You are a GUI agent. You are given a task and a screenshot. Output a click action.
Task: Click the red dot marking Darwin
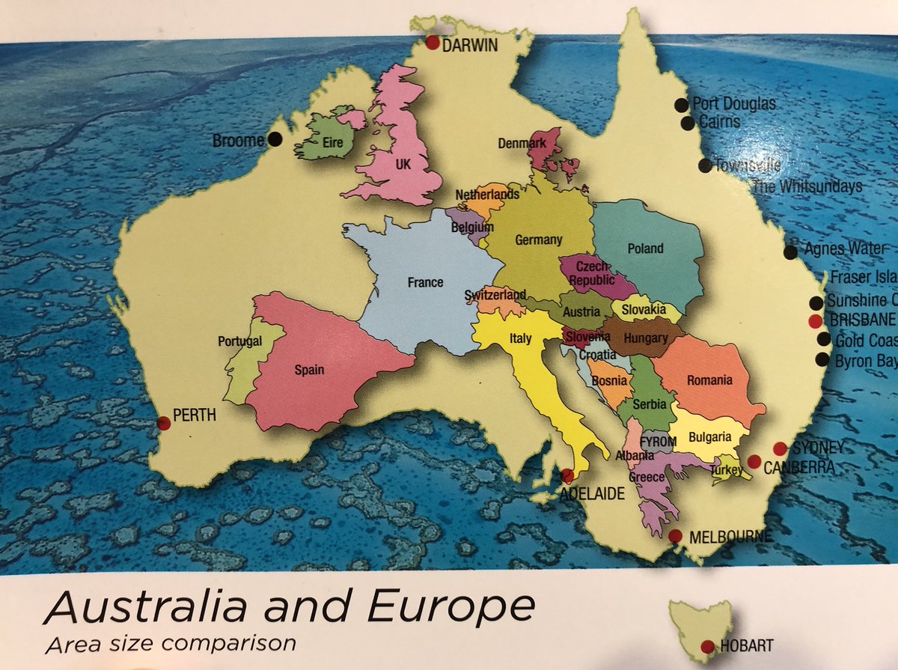click(x=433, y=43)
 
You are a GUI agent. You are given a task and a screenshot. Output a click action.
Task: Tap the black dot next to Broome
click(x=275, y=138)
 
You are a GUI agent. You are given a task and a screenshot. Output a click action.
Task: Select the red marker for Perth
click(x=164, y=422)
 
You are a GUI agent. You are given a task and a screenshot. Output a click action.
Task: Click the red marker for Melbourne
click(x=675, y=536)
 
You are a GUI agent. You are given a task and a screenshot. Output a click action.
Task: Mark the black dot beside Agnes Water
click(x=790, y=252)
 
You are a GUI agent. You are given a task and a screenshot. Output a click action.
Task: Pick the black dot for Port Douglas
click(x=681, y=105)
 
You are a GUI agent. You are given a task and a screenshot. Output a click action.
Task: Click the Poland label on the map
click(x=645, y=249)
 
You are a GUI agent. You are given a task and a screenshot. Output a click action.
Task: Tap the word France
click(x=425, y=282)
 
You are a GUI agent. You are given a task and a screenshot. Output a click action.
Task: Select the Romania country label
click(x=710, y=380)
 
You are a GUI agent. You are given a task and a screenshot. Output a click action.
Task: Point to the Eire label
click(x=332, y=141)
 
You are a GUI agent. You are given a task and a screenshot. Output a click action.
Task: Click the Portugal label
click(x=240, y=341)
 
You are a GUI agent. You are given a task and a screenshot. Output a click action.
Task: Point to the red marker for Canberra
click(x=754, y=460)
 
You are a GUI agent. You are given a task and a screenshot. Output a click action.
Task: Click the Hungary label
click(x=644, y=338)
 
